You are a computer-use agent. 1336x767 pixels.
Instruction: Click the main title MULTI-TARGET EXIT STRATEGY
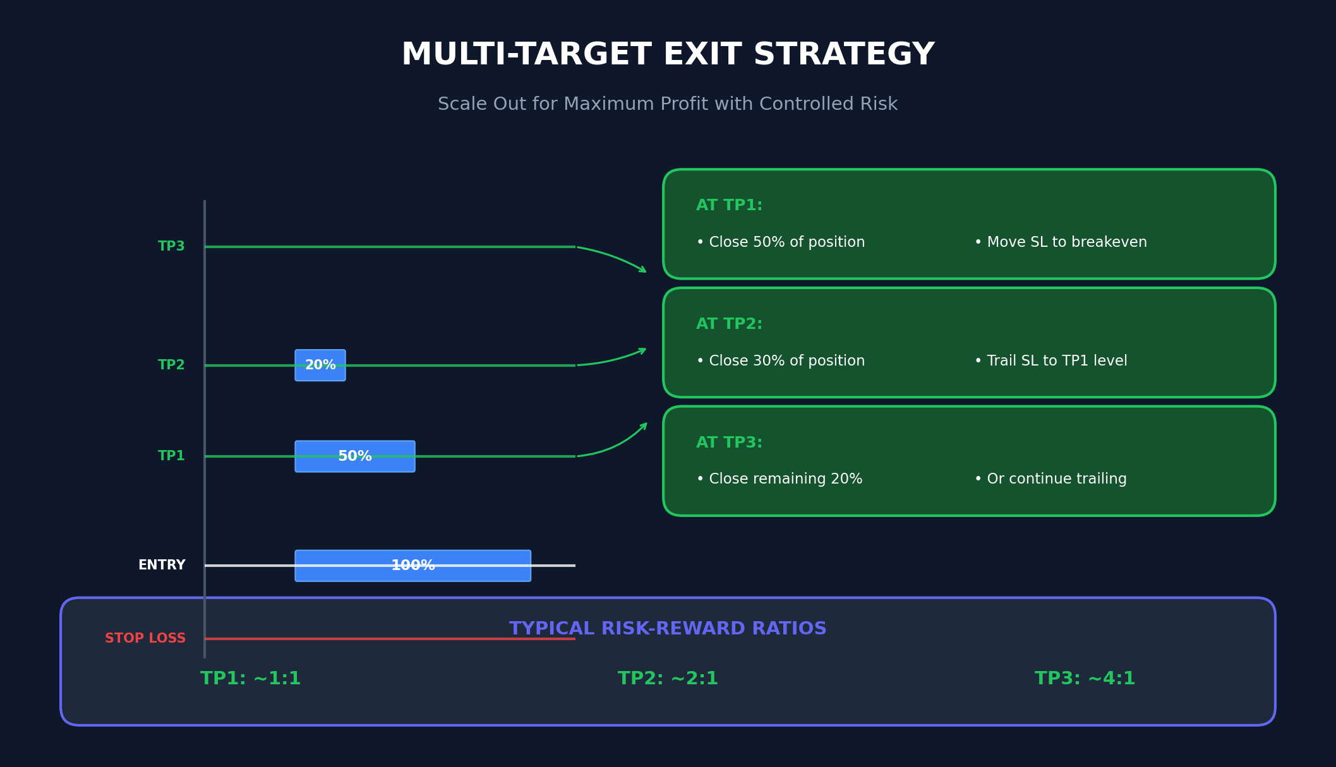tap(668, 55)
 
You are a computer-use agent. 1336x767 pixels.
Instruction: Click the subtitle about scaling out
tap(668, 104)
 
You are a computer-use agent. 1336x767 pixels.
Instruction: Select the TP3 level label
tap(171, 247)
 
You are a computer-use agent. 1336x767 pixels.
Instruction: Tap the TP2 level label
tap(171, 366)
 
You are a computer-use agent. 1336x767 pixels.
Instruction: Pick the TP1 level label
tap(171, 456)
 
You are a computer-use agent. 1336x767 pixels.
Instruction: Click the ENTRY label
tap(162, 566)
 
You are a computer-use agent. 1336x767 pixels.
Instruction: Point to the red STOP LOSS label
tap(145, 639)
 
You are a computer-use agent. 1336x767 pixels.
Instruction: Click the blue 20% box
tap(320, 366)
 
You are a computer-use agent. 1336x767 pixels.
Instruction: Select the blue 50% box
tap(355, 456)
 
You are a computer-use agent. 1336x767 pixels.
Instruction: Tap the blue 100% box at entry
tap(412, 566)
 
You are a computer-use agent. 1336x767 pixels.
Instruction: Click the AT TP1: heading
tap(729, 206)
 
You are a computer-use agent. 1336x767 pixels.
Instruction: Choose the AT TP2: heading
tap(729, 324)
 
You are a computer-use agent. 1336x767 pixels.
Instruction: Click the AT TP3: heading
tap(729, 443)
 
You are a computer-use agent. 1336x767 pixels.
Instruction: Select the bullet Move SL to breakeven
tap(1061, 242)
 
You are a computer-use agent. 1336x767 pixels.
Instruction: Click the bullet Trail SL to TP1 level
tap(1050, 361)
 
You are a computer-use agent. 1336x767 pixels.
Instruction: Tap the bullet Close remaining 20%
tap(779, 479)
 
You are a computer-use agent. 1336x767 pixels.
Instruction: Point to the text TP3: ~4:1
tap(1085, 679)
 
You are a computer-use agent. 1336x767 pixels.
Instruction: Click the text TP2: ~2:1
tap(668, 679)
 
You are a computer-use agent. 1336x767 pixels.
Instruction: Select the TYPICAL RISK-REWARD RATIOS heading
tap(668, 629)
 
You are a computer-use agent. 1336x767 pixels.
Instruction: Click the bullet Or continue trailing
tap(1050, 479)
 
